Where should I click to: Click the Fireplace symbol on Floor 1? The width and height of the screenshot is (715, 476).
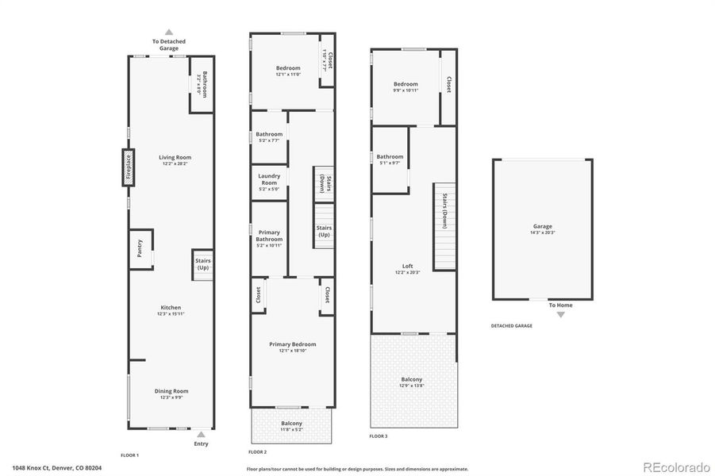pyautogui.click(x=127, y=167)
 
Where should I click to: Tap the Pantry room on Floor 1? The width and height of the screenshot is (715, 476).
pyautogui.click(x=140, y=250)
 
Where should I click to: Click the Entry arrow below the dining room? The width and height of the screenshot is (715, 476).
pyautogui.click(x=202, y=434)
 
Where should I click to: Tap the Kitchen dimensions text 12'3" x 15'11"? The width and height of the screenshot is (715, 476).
pyautogui.click(x=171, y=314)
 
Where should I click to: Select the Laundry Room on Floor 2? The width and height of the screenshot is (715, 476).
pyautogui.click(x=269, y=183)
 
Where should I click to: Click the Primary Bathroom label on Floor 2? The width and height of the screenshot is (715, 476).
pyautogui.click(x=269, y=236)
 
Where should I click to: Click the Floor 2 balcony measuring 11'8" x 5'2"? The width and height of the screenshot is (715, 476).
pyautogui.click(x=291, y=426)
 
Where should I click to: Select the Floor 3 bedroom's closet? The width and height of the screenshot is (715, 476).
pyautogui.click(x=448, y=86)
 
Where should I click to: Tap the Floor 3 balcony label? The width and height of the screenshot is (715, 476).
pyautogui.click(x=412, y=380)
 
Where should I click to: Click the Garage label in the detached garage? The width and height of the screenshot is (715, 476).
pyautogui.click(x=542, y=226)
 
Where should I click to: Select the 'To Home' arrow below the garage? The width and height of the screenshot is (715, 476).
pyautogui.click(x=561, y=314)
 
